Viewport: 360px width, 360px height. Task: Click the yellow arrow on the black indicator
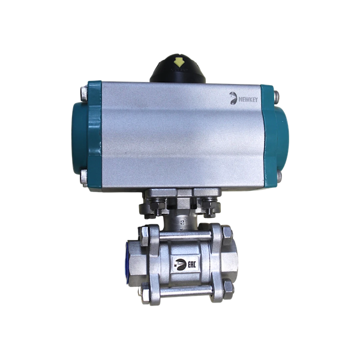click(179, 62)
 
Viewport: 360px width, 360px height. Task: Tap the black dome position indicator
click(178, 68)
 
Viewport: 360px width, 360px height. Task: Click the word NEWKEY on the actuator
click(248, 100)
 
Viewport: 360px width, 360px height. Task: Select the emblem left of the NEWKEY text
click(233, 98)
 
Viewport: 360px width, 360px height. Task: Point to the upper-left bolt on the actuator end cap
click(84, 94)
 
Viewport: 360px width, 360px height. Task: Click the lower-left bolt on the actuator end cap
click(84, 177)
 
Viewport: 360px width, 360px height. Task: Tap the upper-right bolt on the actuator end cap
click(277, 97)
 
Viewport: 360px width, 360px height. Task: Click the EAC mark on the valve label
click(192, 265)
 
